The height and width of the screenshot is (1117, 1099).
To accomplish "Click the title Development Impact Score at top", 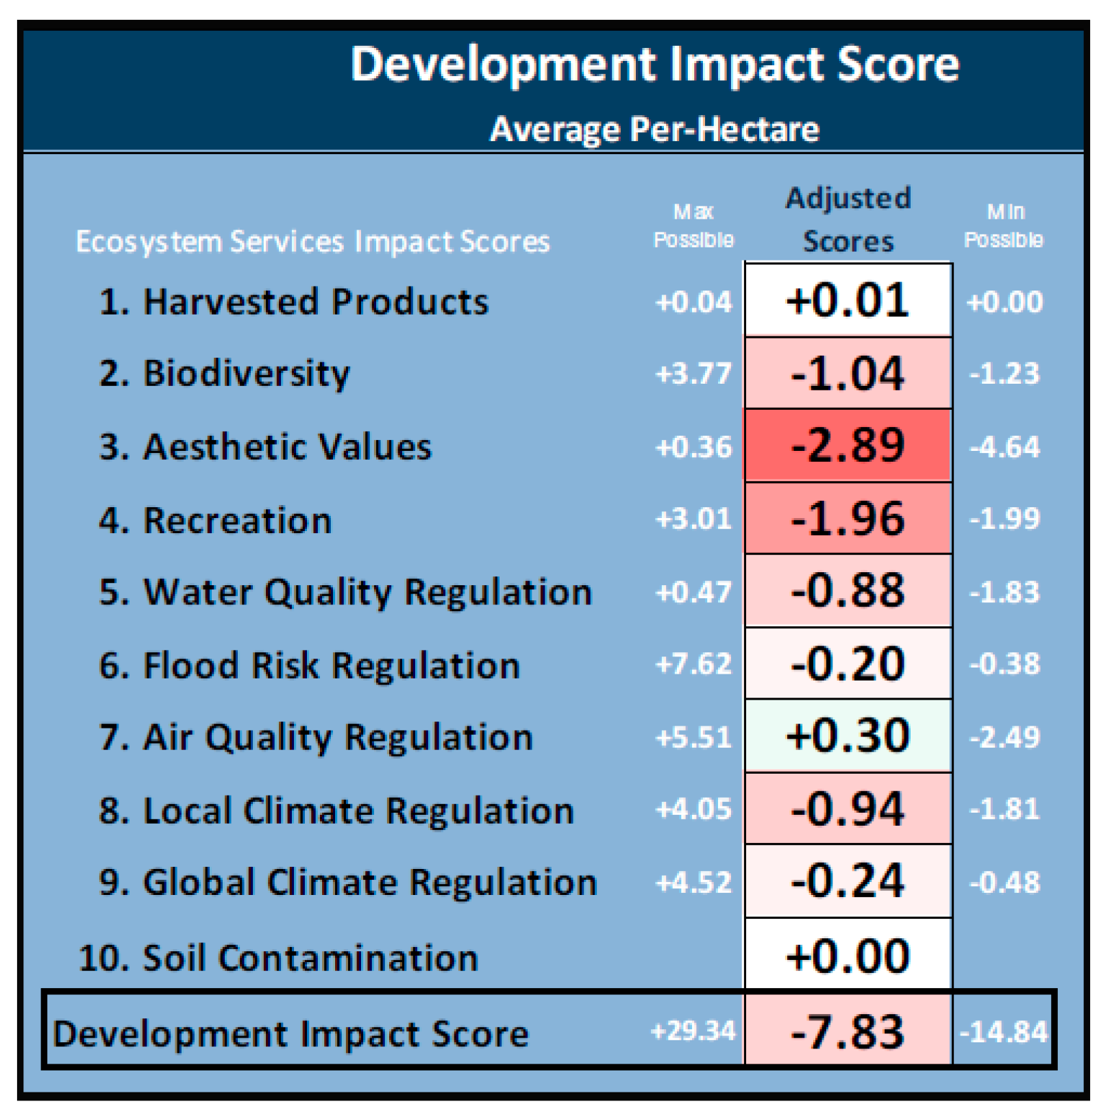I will tap(654, 65).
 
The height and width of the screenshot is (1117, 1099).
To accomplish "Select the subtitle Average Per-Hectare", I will tap(654, 129).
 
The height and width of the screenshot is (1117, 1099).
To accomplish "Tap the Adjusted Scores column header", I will tap(848, 219).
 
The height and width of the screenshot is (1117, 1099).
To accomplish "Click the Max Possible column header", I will tap(693, 225).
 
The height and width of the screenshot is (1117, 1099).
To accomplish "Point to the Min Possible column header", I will tap(1004, 225).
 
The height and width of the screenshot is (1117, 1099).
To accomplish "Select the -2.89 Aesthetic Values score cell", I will tap(848, 445).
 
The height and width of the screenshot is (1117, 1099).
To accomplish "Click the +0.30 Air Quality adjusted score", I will tap(848, 736).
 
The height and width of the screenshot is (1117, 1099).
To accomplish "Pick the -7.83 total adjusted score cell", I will tap(848, 1031).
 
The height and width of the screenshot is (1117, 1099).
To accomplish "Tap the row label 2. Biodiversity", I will tap(224, 373).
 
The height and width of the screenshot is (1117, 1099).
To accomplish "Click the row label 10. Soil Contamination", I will tap(278, 957).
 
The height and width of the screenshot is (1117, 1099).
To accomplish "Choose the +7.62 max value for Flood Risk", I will tap(693, 664).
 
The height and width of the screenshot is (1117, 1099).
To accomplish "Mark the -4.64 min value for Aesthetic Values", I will tap(1004, 447).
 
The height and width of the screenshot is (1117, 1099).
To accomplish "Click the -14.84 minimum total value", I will tap(1003, 1031).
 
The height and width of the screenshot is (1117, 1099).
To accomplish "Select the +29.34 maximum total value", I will tap(693, 1031).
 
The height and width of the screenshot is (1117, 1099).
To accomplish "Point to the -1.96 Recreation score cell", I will tap(848, 519).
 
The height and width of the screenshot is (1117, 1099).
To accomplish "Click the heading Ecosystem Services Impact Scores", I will tap(312, 241).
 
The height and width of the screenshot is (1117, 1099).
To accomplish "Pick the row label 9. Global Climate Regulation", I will tap(348, 882).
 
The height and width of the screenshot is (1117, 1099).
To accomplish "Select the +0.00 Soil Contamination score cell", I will tap(848, 956).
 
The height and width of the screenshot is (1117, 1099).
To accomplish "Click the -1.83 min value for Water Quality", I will tap(1004, 592).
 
